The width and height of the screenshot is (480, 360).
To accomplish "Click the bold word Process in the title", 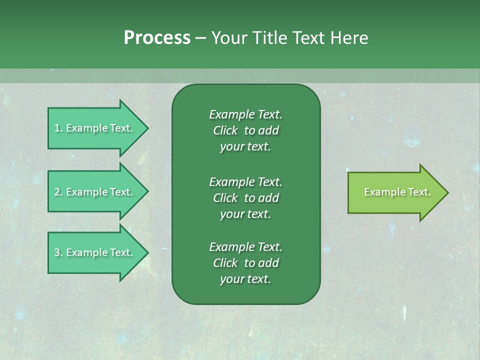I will [157, 38].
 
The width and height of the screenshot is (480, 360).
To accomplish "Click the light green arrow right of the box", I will [395, 192].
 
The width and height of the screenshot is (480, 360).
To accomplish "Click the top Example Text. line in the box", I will [245, 114].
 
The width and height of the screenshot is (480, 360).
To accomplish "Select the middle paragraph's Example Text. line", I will [245, 181].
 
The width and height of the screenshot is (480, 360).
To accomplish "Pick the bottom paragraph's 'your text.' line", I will [245, 279].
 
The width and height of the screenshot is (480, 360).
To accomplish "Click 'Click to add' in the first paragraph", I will [245, 130].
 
